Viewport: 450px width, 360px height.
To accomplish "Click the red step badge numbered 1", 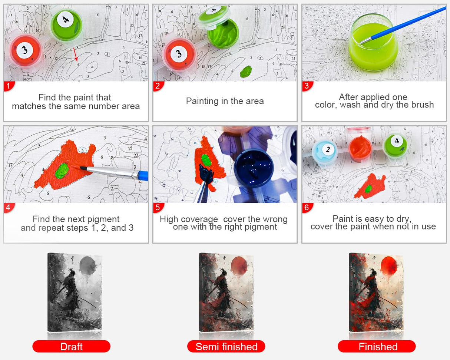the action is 9,86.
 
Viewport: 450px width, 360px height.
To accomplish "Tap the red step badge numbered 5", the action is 158,208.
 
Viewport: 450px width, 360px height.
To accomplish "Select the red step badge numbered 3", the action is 307,86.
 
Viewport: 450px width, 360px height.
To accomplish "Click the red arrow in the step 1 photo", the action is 76,55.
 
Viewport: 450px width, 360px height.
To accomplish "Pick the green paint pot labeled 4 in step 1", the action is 66,25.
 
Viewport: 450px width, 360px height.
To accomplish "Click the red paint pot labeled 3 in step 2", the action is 179,55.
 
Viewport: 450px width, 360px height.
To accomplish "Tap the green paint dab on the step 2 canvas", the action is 246,71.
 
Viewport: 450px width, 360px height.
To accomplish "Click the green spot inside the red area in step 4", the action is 62,171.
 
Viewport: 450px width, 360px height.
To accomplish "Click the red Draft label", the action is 72,346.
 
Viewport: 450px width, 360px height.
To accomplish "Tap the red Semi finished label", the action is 226,346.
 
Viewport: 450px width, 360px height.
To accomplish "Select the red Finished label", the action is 377,346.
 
